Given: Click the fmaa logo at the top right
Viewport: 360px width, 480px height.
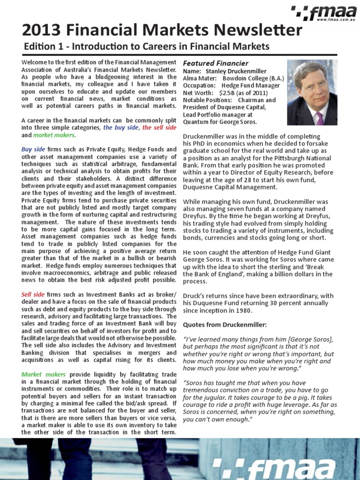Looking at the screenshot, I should [x=323, y=12].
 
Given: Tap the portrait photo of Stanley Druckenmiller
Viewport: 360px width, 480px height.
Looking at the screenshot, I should [x=312, y=92].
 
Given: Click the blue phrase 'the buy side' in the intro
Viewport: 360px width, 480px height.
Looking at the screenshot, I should [x=120, y=127].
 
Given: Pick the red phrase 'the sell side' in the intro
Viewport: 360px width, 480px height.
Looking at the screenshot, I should [x=159, y=127].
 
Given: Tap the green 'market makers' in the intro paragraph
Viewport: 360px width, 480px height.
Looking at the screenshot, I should [x=54, y=135].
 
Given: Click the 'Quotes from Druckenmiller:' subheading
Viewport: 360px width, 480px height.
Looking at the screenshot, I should [x=225, y=324].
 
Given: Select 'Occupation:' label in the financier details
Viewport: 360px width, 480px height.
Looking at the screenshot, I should [x=199, y=86].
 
